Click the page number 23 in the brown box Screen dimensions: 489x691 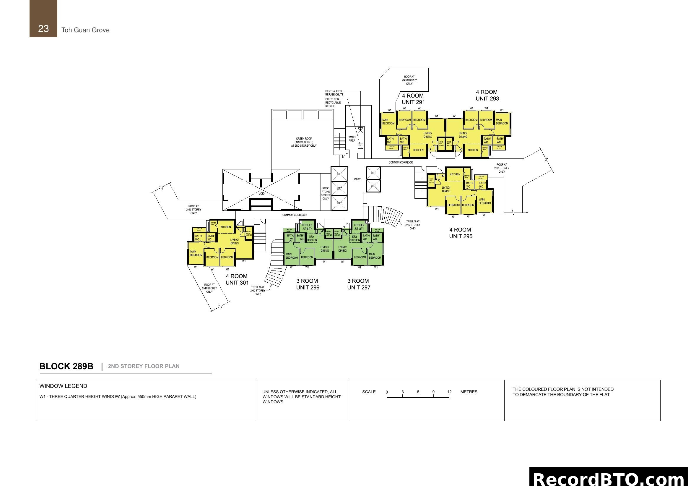[x=43, y=29]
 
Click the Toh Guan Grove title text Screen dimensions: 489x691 [x=85, y=30]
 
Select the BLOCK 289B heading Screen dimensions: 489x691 [x=66, y=366]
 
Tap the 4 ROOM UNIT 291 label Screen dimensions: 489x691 [x=413, y=99]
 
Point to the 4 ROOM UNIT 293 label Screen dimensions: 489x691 [x=487, y=95]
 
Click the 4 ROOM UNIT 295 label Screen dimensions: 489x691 [x=461, y=233]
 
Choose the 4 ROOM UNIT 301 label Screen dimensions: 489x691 [x=237, y=279]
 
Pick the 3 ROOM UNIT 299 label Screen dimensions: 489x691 [x=307, y=284]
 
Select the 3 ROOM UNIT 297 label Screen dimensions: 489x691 [x=358, y=284]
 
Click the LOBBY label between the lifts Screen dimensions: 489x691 [x=356, y=179]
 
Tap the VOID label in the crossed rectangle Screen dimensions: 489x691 [x=261, y=193]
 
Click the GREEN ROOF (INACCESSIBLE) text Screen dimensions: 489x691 [x=304, y=142]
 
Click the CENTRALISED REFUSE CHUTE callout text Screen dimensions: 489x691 [x=334, y=93]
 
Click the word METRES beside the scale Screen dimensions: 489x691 [x=469, y=392]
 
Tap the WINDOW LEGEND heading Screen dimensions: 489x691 [x=63, y=386]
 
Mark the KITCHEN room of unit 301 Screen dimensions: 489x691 [x=225, y=227]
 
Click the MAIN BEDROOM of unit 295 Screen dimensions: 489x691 [x=484, y=201]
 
